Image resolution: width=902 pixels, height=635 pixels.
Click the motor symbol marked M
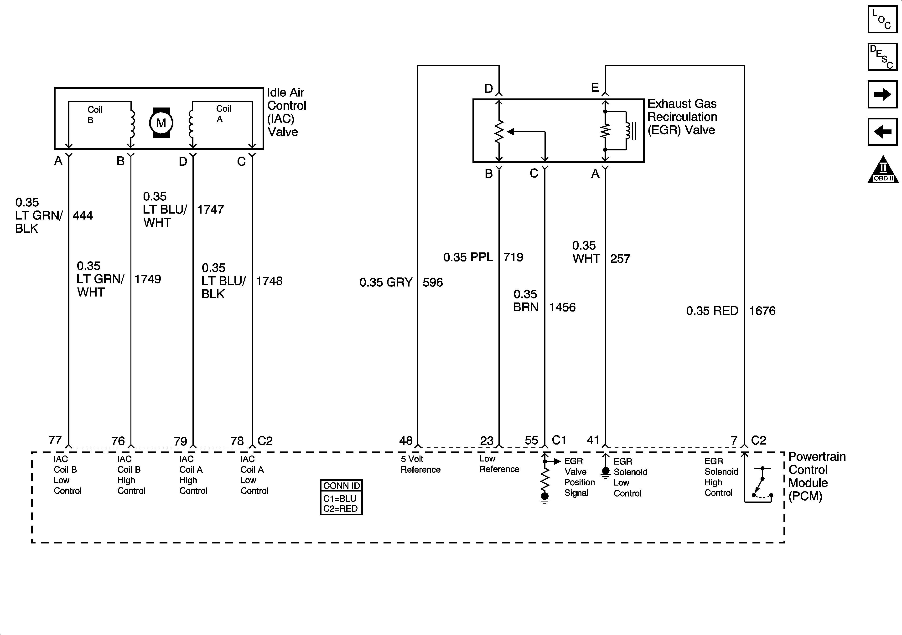161,123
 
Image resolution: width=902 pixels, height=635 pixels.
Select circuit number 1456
562,307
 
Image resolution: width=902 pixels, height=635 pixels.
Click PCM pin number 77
55,440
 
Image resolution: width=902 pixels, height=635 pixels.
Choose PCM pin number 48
406,440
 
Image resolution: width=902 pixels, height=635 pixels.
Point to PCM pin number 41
593,440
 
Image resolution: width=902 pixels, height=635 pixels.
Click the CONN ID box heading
341,486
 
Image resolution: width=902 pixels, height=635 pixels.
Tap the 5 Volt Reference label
420,464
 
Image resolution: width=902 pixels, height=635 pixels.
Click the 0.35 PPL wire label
468,257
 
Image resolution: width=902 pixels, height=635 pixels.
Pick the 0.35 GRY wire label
386,282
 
